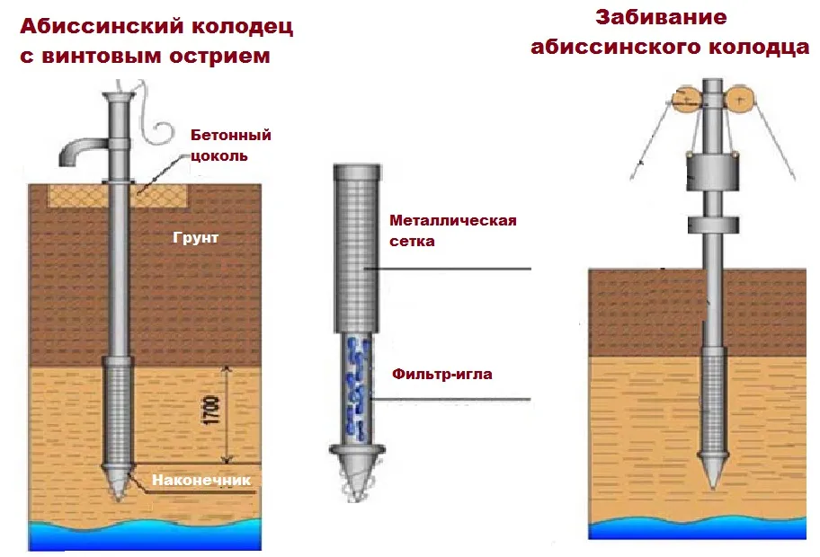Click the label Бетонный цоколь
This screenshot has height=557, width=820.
click(x=230, y=146)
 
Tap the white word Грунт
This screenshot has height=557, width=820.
click(x=196, y=238)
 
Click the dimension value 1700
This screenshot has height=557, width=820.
click(x=211, y=411)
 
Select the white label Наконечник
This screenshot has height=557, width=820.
click(x=201, y=481)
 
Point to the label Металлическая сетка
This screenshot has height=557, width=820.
click(x=453, y=230)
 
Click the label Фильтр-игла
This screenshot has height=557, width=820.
click(x=441, y=374)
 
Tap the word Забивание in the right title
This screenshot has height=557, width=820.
click(x=661, y=17)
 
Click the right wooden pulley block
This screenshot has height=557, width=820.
click(x=739, y=100)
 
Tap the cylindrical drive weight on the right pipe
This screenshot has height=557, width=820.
click(x=713, y=172)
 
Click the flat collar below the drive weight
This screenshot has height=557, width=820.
click(x=713, y=225)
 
